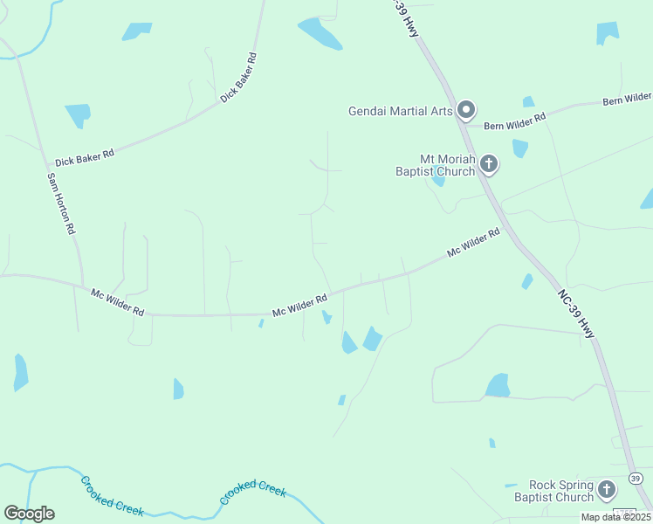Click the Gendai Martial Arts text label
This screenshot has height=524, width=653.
coord(400,111)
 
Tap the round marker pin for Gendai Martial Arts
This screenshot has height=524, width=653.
coord(466,110)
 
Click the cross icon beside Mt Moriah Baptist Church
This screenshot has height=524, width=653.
coord(489,163)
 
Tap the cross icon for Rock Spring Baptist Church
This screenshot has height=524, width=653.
coord(607,489)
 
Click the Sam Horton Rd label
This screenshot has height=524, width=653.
coord(61,203)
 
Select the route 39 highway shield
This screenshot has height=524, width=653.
coord(636,478)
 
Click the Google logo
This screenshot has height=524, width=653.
coord(29,514)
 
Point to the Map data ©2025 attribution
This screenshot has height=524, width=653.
coord(615,517)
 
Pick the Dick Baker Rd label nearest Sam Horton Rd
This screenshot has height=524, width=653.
coord(85,158)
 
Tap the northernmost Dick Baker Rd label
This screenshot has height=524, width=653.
coord(239,79)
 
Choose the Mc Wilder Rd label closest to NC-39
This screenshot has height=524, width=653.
coord(473,242)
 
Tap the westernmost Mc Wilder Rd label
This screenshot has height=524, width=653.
coord(117,302)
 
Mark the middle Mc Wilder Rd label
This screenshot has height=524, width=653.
coord(299,305)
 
